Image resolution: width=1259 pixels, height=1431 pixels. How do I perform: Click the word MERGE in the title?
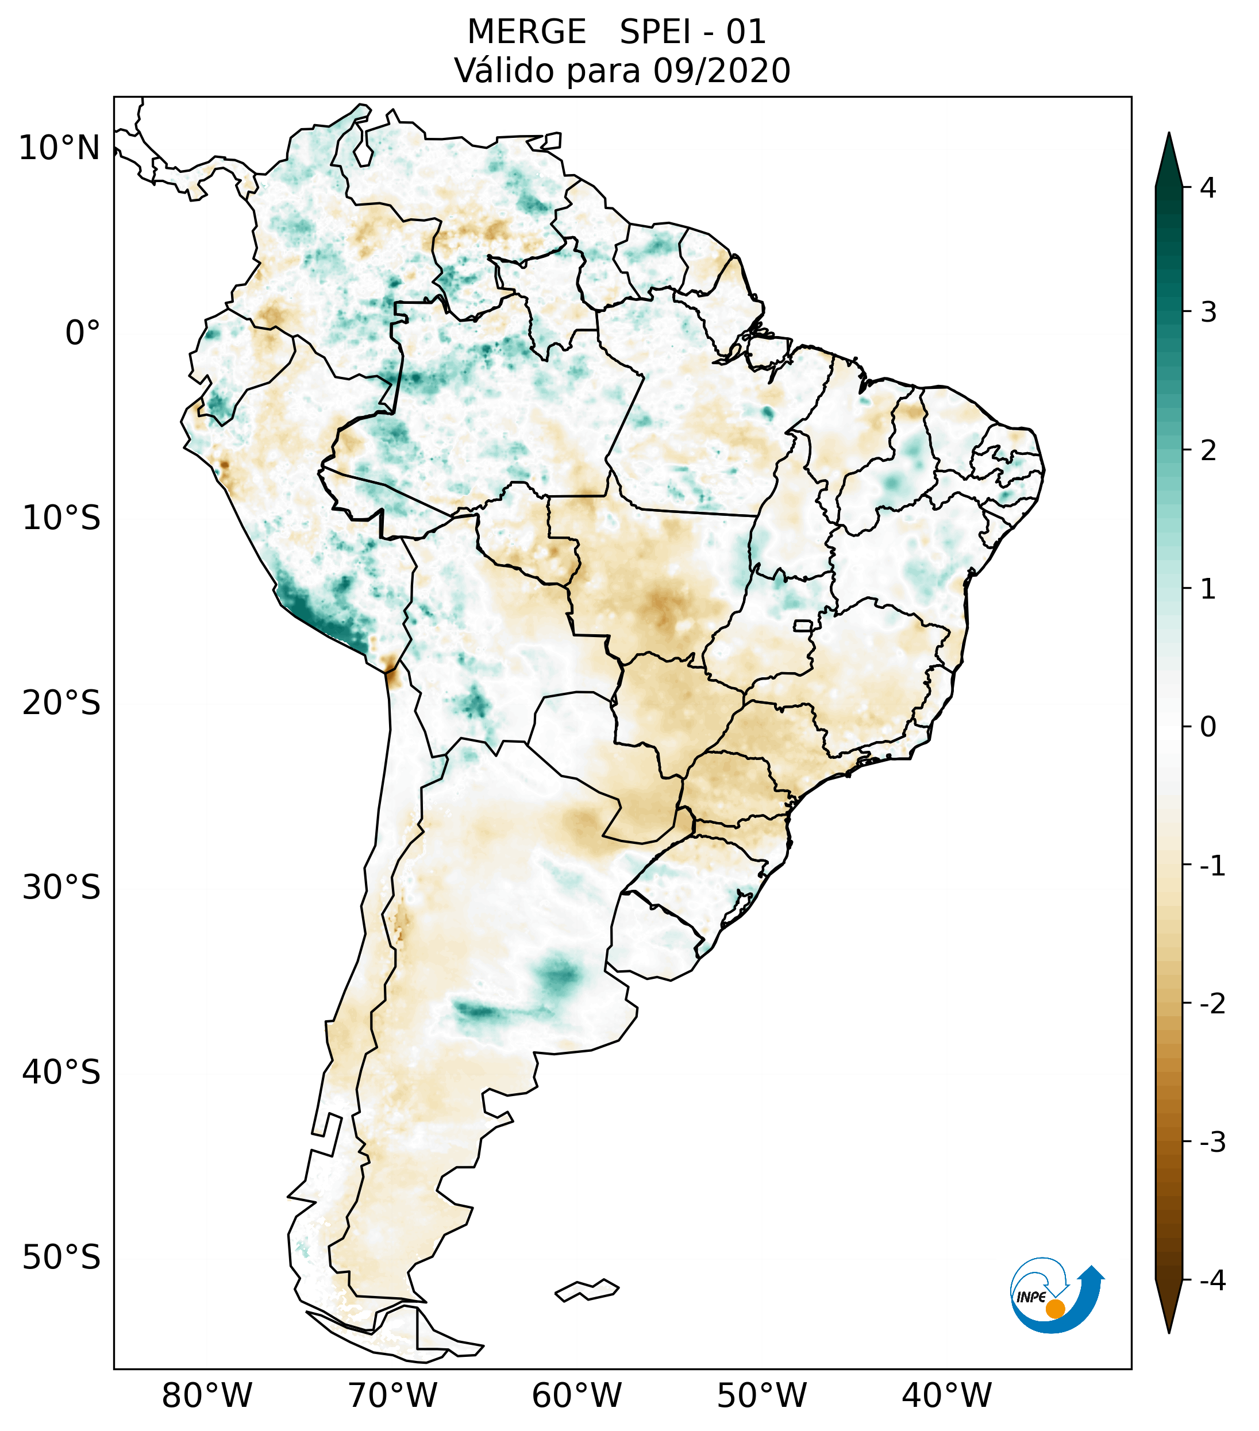pyautogui.click(x=526, y=32)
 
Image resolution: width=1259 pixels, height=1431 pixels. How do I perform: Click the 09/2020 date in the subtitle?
pyautogui.click(x=721, y=71)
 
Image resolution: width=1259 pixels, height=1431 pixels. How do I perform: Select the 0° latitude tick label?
pyautogui.click(x=83, y=333)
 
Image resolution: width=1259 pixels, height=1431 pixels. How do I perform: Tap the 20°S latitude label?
pyautogui.click(x=61, y=702)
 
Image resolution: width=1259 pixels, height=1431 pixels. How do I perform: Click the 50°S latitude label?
pyautogui.click(x=61, y=1258)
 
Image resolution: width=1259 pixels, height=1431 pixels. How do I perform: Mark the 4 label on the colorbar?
pyautogui.click(x=1208, y=188)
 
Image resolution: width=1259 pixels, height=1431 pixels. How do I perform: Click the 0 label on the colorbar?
pyautogui.click(x=1208, y=727)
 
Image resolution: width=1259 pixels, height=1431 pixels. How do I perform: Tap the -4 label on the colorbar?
pyautogui.click(x=1212, y=1280)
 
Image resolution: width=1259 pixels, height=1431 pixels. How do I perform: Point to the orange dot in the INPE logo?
pyautogui.click(x=1054, y=1309)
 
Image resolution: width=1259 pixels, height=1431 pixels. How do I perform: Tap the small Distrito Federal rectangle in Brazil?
pyautogui.click(x=802, y=625)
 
